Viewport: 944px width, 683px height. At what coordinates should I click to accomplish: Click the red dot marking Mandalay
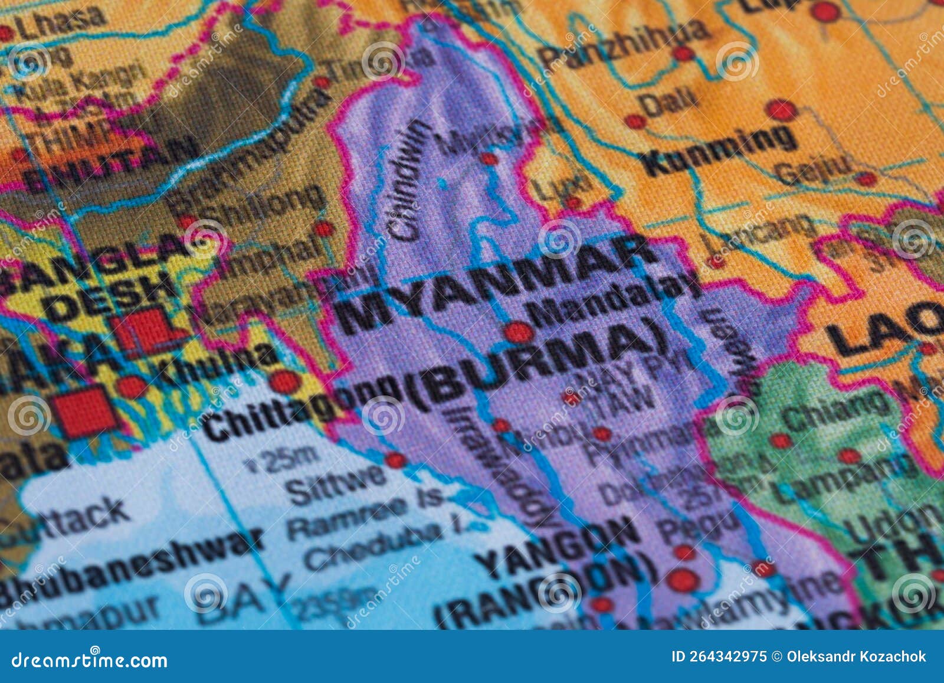coord(517,332)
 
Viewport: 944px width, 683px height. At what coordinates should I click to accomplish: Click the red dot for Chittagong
coord(285,382)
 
